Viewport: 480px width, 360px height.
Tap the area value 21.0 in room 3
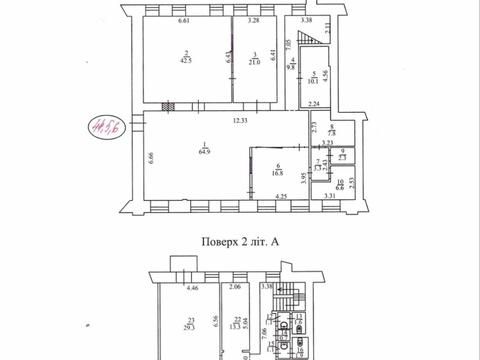tap(256, 62)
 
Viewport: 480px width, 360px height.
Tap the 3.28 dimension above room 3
tap(255, 20)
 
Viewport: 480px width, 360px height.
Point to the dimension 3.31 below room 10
tap(330, 197)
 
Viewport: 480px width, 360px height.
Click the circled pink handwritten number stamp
tap(102, 127)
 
